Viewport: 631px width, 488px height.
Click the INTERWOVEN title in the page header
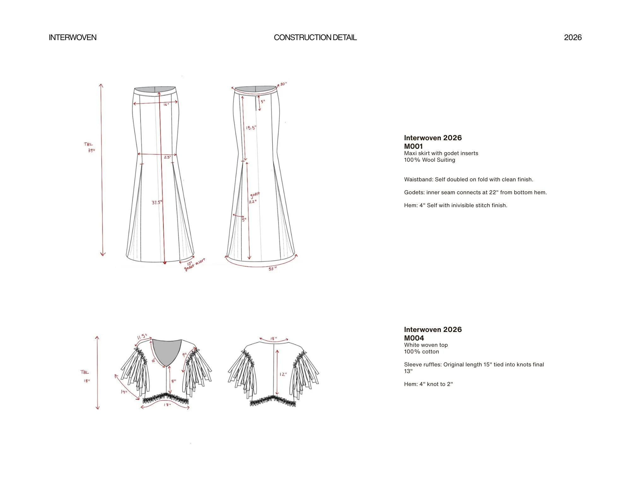73,38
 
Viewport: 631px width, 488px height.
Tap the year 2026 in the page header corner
573,38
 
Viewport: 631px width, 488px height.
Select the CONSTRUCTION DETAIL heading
315,38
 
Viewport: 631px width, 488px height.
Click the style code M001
413,146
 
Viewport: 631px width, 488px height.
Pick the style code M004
414,338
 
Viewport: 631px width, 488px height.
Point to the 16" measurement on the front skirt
166,105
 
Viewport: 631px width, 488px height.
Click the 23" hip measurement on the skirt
167,157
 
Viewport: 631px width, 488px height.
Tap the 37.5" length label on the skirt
157,202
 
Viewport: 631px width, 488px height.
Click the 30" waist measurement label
283,84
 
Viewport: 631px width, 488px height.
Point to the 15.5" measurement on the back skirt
251,128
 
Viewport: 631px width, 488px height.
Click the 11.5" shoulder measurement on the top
142,337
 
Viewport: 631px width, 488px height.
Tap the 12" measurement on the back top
283,374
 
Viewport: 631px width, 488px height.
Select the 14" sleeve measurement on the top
124,392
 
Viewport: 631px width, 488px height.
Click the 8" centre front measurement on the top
174,381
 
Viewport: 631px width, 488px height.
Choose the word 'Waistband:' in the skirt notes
418,179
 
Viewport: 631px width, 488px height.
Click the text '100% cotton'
421,352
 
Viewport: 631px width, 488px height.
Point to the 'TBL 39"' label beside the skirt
89,148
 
